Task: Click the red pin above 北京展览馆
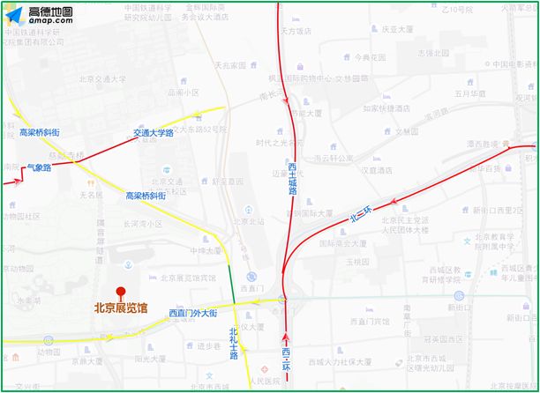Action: (x=121, y=293)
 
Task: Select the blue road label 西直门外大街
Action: (x=192, y=313)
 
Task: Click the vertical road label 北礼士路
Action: (x=233, y=344)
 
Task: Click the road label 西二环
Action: (x=286, y=363)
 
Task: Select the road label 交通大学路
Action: (x=154, y=133)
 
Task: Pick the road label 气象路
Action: (x=40, y=167)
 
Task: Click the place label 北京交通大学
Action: (x=102, y=78)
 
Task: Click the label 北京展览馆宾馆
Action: (x=181, y=277)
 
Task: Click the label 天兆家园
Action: (x=230, y=65)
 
